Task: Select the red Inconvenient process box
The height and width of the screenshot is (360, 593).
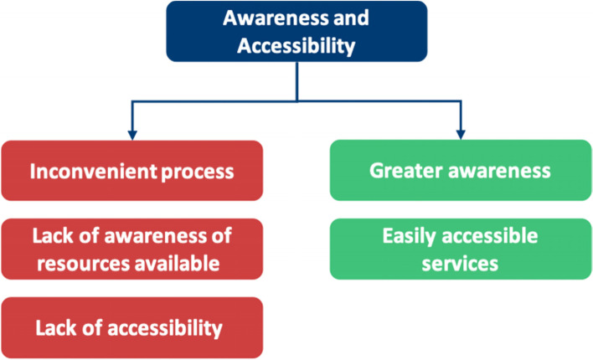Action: tap(131, 171)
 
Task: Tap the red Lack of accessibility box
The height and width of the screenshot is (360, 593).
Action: tap(131, 327)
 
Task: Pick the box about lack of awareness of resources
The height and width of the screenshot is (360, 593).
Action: tap(131, 249)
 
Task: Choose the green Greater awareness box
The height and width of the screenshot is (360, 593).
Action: tap(460, 171)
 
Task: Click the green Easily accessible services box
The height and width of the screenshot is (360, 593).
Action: tap(460, 249)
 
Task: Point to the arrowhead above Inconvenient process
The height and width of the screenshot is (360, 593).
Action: tap(131, 132)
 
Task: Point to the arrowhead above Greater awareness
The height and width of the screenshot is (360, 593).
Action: tap(460, 132)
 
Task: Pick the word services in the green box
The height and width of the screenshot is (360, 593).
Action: tap(460, 264)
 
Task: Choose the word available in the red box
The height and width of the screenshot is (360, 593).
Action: tap(179, 264)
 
